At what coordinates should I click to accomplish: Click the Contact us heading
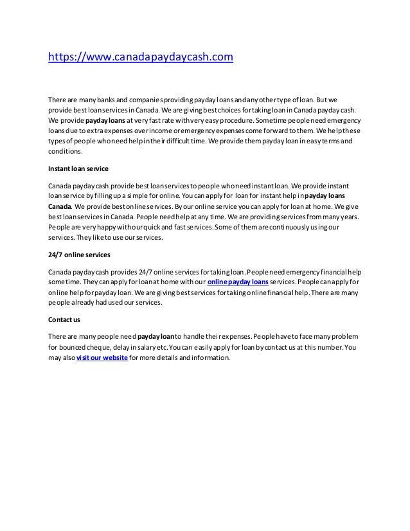[x=63, y=319]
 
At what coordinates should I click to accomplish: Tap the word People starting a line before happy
[x=59, y=228]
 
